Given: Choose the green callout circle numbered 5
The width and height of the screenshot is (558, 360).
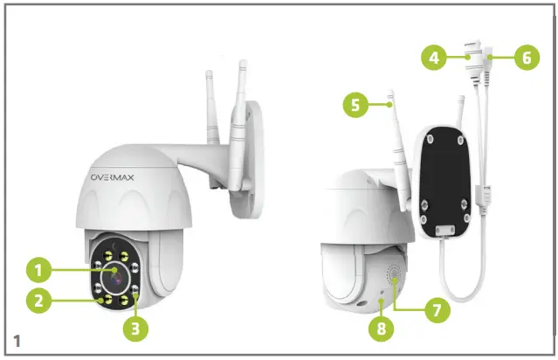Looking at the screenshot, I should coord(354,106).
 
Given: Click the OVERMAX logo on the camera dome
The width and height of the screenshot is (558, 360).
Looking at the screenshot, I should coord(122,179).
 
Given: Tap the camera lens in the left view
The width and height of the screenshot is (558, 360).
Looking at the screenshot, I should coord(117,278).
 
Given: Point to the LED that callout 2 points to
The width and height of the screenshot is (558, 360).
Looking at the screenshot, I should coord(105,300).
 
